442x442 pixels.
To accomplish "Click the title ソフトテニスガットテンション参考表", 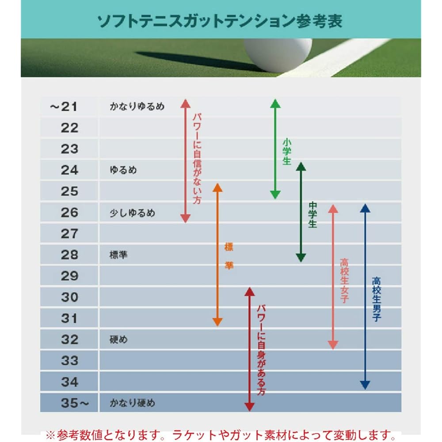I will tap(220, 21).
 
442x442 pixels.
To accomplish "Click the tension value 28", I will tap(69, 255).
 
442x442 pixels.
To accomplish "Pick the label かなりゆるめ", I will tap(137, 107).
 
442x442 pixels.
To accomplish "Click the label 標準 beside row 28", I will tap(118, 255).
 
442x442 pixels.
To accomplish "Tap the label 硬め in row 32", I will tap(118, 340).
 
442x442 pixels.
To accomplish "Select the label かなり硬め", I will tap(133, 403).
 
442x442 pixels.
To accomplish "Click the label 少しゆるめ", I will tap(133, 213).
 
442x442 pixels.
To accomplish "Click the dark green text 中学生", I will tap(313, 214).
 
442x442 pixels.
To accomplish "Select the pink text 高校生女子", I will tap(344, 281).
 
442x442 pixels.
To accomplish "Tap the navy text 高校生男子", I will tap(377, 299).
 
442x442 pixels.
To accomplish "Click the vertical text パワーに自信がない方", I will tap(197, 159).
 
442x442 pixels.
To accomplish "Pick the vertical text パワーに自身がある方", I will tap(261, 349).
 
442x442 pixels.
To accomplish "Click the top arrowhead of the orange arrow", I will tap(217, 187).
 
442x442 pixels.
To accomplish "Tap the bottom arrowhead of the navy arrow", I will tap(365, 385).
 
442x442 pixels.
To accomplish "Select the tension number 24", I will tap(69, 170).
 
